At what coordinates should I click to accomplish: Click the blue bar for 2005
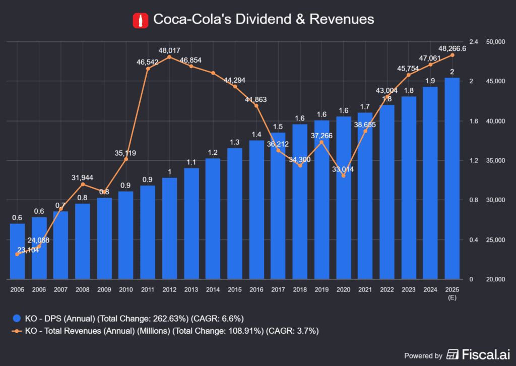point(17,251)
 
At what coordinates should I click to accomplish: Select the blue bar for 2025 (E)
point(452,178)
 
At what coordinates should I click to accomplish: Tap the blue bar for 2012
point(169,228)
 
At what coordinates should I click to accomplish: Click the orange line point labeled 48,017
point(169,57)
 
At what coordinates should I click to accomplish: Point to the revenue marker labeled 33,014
point(343,175)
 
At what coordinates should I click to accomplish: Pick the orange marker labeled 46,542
point(148,69)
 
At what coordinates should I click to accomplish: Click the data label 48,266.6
point(452,49)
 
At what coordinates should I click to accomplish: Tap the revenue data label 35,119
point(126,153)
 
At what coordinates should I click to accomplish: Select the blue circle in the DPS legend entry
point(17,318)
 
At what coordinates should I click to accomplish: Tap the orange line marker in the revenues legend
point(17,331)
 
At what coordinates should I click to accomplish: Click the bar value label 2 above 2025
point(452,71)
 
